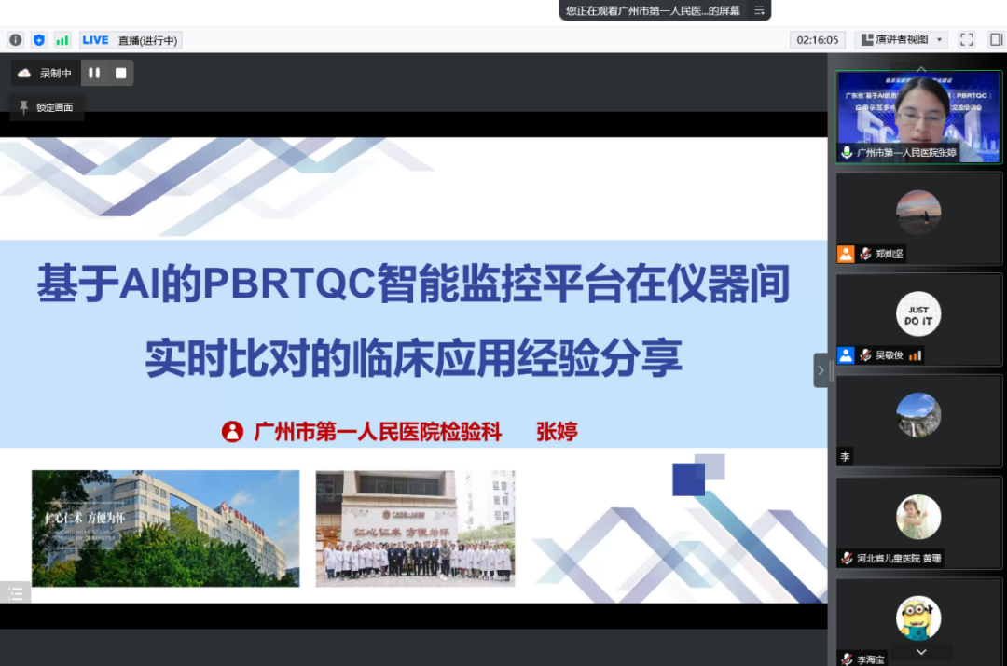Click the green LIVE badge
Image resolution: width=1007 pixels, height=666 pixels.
coord(95,40)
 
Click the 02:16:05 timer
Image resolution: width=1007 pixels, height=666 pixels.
coord(818,40)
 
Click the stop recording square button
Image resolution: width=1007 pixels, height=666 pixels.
coord(120,73)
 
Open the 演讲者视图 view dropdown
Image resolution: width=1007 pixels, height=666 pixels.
coord(902,40)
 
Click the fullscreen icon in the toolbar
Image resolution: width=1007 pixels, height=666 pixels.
coord(967,40)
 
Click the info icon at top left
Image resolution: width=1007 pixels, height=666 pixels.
coord(16,40)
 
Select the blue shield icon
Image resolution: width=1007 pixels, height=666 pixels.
coord(39,40)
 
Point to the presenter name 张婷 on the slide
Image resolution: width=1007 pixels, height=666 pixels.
coord(557,431)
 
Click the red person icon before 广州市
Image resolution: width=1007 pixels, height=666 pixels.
coord(232,431)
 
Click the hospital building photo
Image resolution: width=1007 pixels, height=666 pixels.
coord(165,528)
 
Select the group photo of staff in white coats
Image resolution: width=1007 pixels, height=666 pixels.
coord(415,528)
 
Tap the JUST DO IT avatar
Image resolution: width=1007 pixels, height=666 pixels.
coord(918,314)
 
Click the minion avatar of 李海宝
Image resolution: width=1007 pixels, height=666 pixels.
coord(918,617)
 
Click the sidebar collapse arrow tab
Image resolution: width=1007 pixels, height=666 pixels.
coord(821,370)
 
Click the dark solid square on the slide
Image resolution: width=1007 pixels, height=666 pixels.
coord(688,479)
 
